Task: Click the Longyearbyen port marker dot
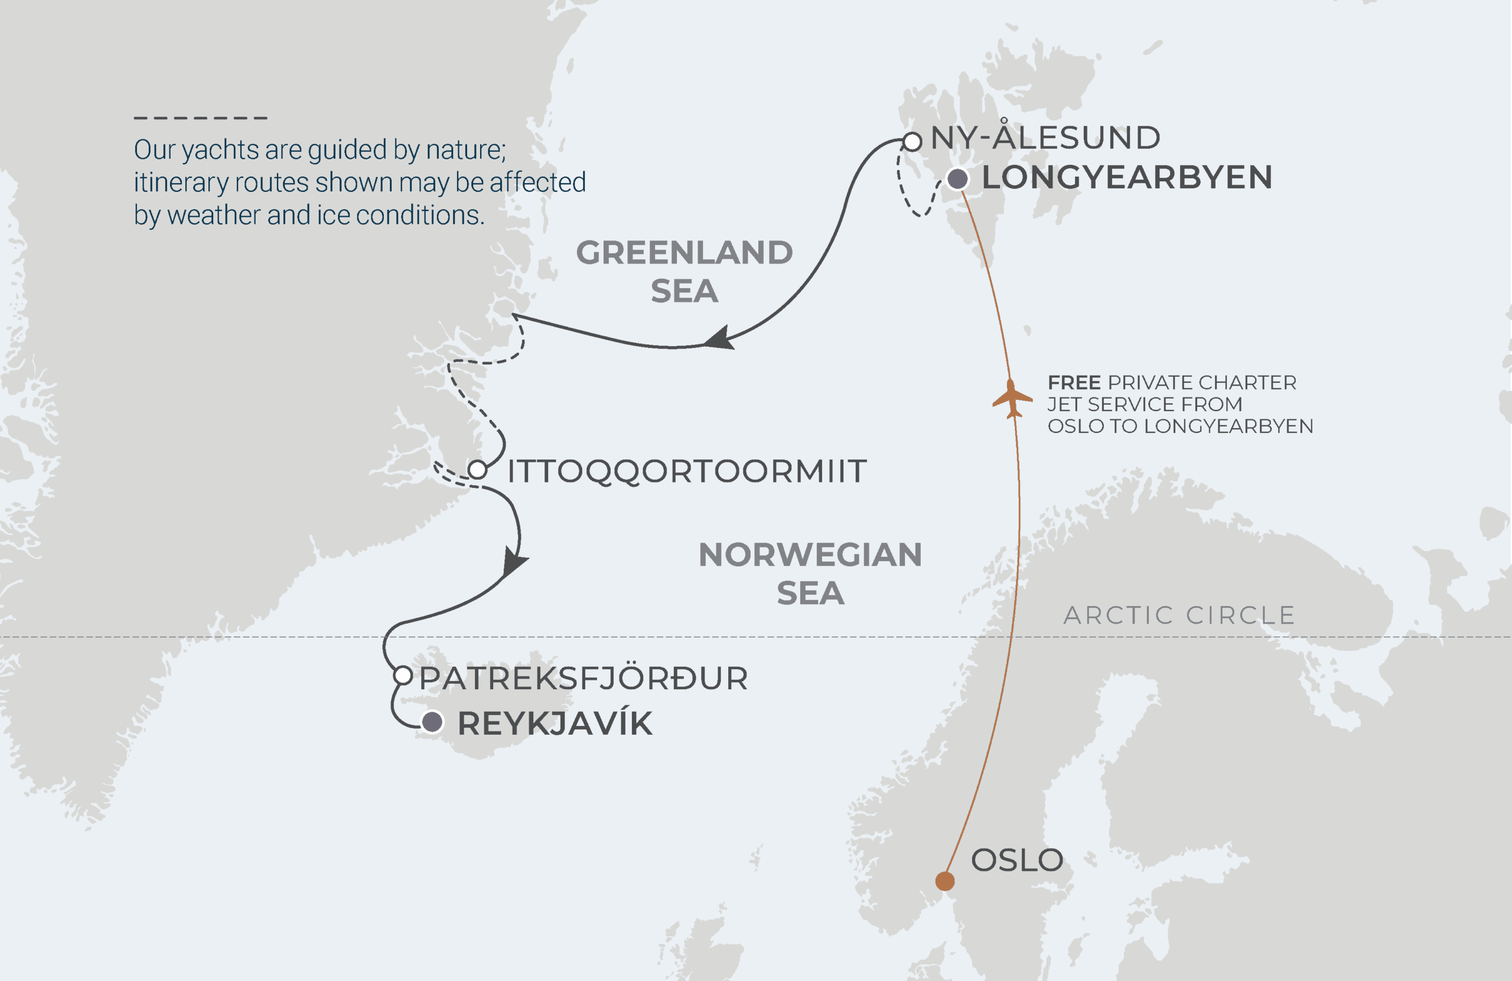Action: (957, 179)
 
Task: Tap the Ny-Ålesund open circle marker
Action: (913, 142)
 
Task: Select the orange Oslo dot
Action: (944, 881)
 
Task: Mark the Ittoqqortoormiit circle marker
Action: (478, 470)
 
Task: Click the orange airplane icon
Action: (1012, 399)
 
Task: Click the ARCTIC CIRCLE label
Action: (1179, 615)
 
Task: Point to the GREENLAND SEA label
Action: (684, 271)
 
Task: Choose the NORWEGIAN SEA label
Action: (810, 573)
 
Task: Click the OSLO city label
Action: (1017, 861)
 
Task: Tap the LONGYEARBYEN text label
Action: (1127, 177)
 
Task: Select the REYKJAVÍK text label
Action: (555, 723)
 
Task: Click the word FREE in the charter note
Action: (1074, 383)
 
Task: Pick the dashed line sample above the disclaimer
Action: (200, 118)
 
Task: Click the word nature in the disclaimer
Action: (465, 150)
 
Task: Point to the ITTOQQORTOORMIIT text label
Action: (687, 471)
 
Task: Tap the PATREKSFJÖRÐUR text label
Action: (583, 679)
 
